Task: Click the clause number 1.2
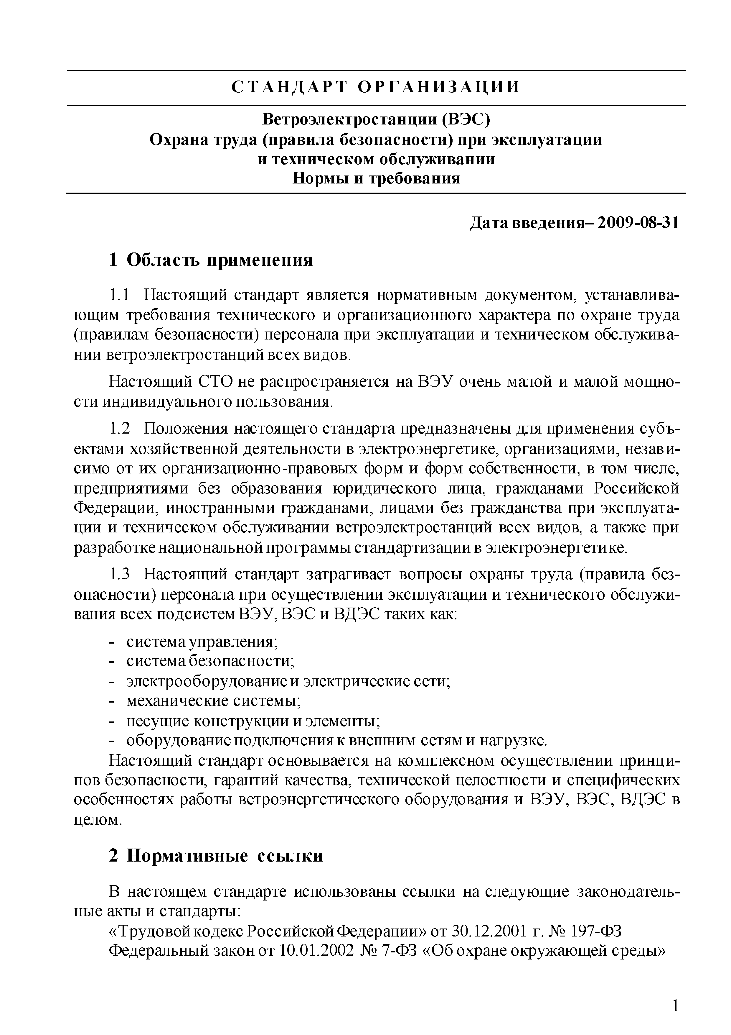(x=119, y=428)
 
